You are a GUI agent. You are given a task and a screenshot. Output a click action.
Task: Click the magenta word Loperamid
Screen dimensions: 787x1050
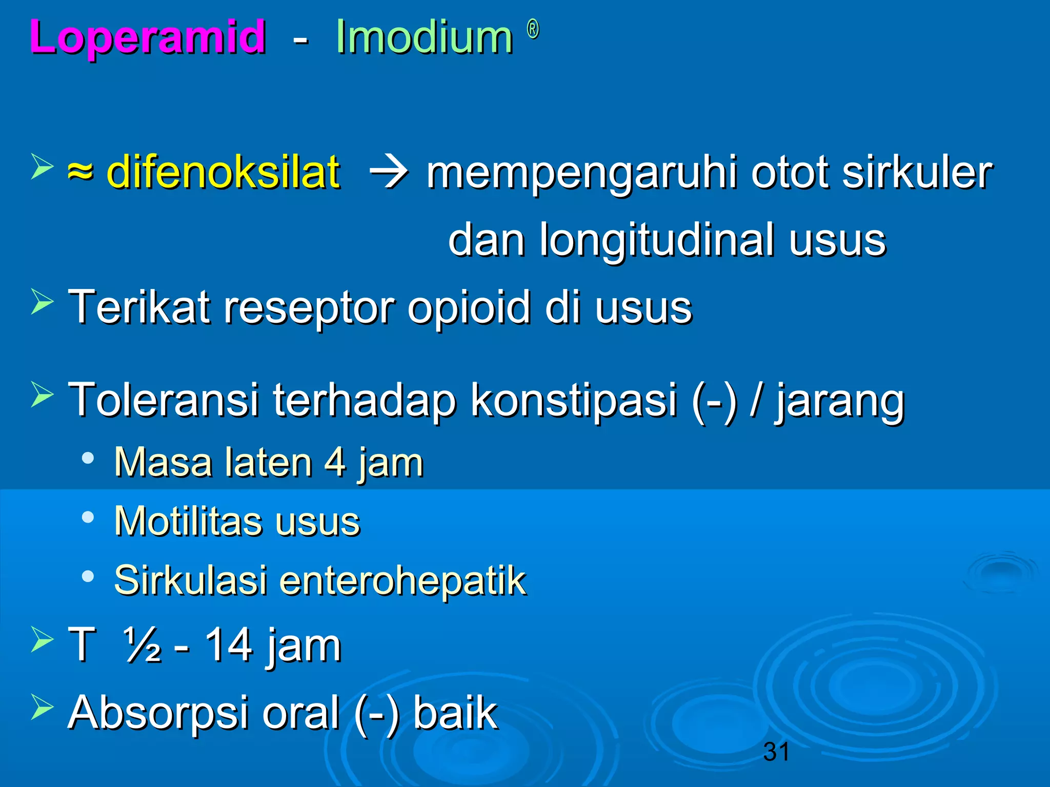click(x=148, y=37)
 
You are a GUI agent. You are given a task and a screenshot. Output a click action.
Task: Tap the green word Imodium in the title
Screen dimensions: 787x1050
click(x=424, y=37)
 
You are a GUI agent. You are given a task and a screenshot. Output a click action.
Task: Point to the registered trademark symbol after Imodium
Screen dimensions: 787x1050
click(x=533, y=30)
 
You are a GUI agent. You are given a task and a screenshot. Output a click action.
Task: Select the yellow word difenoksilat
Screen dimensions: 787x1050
click(x=223, y=172)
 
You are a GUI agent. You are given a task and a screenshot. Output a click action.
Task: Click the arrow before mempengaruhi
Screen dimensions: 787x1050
click(x=389, y=173)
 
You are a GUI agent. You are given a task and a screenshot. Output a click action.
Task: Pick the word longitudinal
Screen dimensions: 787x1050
click(x=657, y=240)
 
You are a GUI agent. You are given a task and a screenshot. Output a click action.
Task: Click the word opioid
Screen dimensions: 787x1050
click(x=469, y=307)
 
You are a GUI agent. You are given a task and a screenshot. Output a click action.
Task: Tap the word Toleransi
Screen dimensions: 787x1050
click(x=164, y=400)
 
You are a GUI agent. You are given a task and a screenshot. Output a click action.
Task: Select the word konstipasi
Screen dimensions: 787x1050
click(x=574, y=401)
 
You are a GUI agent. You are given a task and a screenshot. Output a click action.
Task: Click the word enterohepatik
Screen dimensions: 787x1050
click(x=402, y=581)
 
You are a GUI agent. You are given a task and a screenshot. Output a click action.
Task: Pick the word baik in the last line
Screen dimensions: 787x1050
click(x=455, y=713)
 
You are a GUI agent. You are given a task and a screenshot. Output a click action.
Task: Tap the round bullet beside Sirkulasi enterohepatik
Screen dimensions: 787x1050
click(x=88, y=577)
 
